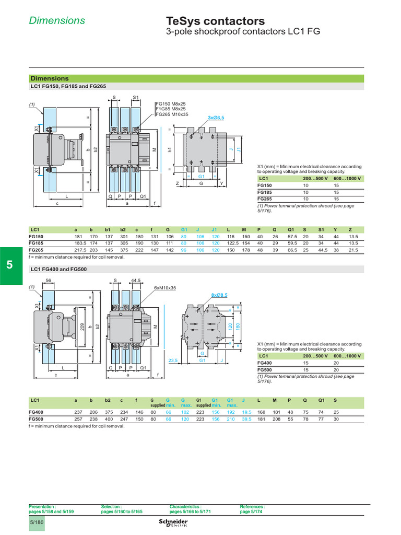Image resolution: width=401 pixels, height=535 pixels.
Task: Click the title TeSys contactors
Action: pyautogui.click(x=215, y=21)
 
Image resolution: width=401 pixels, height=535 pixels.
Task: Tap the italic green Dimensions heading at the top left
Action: pyautogui.click(x=57, y=20)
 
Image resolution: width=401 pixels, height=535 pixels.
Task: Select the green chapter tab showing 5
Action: pyautogui.click(x=10, y=265)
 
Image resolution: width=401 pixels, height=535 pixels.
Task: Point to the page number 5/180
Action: pyautogui.click(x=37, y=522)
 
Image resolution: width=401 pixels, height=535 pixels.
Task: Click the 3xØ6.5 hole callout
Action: pyautogui.click(x=216, y=118)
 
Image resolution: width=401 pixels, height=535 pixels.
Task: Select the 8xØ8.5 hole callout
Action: pyautogui.click(x=219, y=295)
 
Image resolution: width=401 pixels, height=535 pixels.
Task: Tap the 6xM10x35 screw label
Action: pyautogui.click(x=165, y=288)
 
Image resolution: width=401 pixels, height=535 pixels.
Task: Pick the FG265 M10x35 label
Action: pyautogui.click(x=172, y=114)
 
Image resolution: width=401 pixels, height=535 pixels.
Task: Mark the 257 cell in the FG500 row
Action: pyautogui.click(x=78, y=419)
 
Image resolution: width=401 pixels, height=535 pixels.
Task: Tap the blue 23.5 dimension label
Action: pyautogui.click(x=173, y=360)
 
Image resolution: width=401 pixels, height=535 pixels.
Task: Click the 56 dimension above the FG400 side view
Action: pyautogui.click(x=48, y=281)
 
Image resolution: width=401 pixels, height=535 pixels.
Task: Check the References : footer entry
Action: pyautogui.click(x=252, y=507)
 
